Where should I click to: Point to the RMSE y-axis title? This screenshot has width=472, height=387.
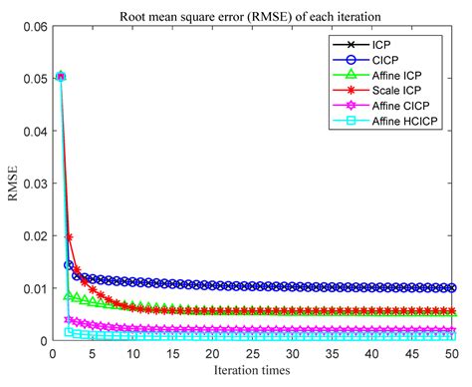point(13,183)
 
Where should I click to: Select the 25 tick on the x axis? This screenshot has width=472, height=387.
point(253,354)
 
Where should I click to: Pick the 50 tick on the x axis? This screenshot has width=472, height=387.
point(455,354)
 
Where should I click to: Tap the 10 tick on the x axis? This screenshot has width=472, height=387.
point(131,354)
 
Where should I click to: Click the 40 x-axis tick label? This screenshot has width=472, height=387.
point(374,354)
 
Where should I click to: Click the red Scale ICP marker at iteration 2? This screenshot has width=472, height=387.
point(68,237)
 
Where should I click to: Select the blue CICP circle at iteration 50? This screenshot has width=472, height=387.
point(455,287)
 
